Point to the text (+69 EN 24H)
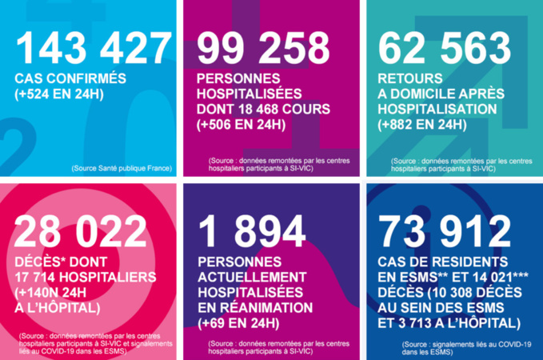click(238, 323)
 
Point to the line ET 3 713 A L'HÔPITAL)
click(450, 324)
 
